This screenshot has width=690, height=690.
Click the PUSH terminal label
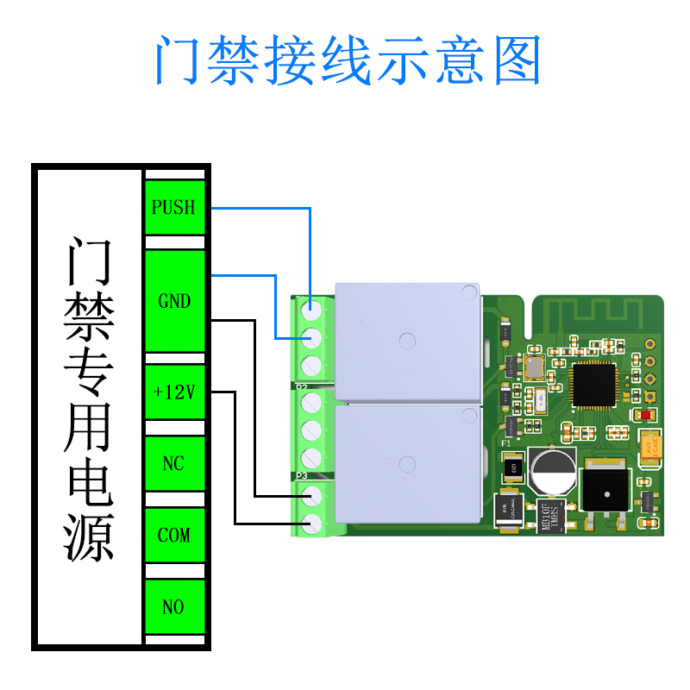click(173, 208)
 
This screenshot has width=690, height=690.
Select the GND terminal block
click(174, 301)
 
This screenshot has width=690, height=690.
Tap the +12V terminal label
click(174, 392)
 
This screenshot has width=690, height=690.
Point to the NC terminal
click(174, 464)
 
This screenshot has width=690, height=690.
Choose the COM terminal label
click(174, 536)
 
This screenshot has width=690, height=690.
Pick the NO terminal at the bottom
click(174, 607)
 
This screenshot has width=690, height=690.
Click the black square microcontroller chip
click(595, 385)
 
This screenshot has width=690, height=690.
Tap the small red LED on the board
click(646, 415)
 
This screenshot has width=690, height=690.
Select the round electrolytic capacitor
click(553, 471)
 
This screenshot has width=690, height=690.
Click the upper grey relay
click(406, 342)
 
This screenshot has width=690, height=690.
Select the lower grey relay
click(406, 463)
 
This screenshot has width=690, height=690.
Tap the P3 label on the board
click(302, 476)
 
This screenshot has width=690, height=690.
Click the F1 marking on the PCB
click(507, 443)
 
